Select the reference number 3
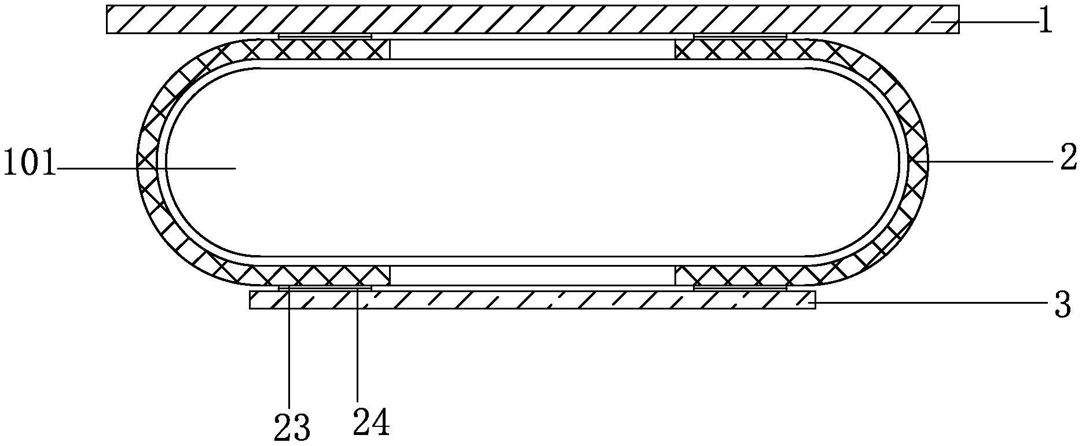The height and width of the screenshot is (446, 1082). pyautogui.click(x=1063, y=305)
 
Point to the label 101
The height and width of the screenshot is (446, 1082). pyautogui.click(x=29, y=164)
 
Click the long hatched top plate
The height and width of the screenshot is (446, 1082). pyautogui.click(x=533, y=19)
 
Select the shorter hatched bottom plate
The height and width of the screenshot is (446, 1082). pyautogui.click(x=533, y=300)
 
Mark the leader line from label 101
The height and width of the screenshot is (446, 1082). pyautogui.click(x=145, y=168)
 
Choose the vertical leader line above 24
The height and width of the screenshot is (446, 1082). pyautogui.click(x=358, y=347)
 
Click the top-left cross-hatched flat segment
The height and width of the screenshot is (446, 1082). pyautogui.click(x=324, y=50)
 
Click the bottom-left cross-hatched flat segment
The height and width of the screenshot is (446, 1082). pyautogui.click(x=324, y=275)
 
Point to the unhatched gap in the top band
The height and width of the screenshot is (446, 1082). pyautogui.click(x=533, y=50)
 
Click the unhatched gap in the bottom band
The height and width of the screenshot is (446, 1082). pyautogui.click(x=533, y=275)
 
